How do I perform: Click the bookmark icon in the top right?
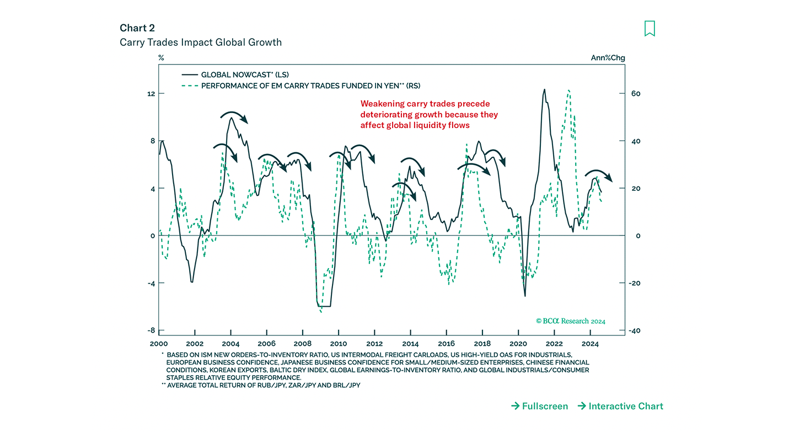pos(650,29)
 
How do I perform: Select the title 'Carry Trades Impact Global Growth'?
pos(201,42)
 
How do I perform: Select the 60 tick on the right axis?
pos(636,94)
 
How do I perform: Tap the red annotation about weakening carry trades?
pos(429,115)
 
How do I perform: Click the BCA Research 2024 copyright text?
pos(570,321)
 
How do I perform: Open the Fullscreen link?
pos(539,406)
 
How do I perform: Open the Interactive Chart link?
pos(620,406)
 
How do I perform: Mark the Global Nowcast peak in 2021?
pos(544,89)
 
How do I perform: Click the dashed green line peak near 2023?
pos(568,90)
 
